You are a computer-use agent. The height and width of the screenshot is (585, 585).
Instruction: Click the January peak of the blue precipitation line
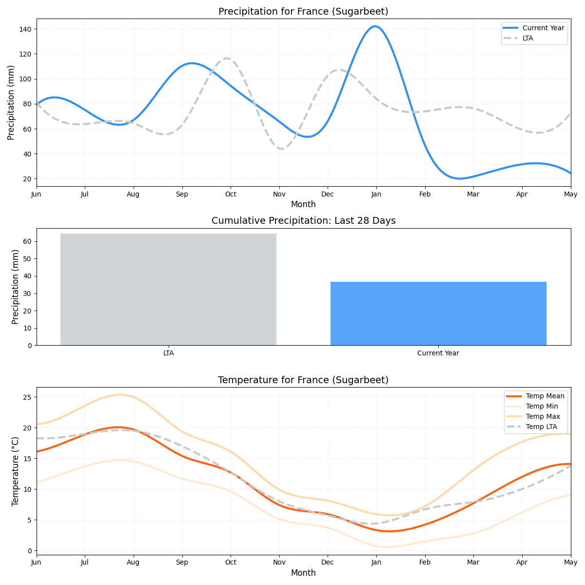[x=375, y=26]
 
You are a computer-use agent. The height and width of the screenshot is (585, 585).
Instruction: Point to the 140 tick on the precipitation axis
[x=25, y=29]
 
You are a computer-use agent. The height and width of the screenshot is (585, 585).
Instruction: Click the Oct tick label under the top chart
[x=231, y=194]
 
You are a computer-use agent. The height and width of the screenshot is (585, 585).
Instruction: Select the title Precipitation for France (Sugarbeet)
[x=303, y=11]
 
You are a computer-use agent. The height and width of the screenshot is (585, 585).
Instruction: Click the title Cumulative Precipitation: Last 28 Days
[x=303, y=220]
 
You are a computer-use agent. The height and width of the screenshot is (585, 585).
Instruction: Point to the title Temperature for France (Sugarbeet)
[x=303, y=380]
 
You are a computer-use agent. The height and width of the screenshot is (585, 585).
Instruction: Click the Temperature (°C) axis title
[x=15, y=471]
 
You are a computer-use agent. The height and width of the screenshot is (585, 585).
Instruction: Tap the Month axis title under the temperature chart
[x=303, y=573]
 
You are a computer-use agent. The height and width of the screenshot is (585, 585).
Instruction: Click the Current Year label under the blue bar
[x=438, y=353]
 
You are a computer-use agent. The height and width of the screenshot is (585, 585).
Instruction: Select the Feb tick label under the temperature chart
[x=425, y=562]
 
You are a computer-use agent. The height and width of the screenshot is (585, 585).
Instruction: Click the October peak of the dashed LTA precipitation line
[x=227, y=58]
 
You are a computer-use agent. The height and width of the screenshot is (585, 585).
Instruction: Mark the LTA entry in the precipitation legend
[x=527, y=38]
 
